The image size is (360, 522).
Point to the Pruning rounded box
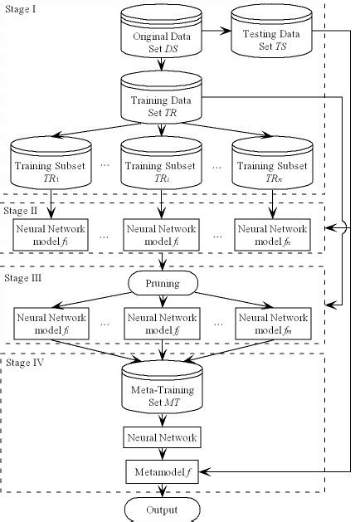point(163,283)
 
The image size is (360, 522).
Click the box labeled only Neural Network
point(163,437)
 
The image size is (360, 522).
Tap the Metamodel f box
point(163,473)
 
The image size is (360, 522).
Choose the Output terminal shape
point(163,510)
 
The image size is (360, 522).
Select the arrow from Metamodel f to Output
point(163,490)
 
